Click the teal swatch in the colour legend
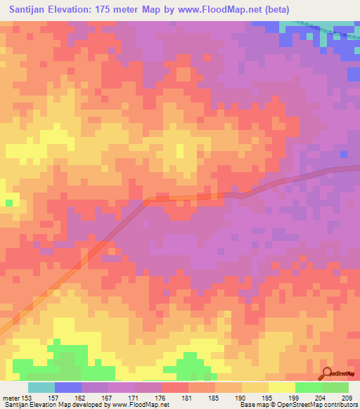click(x=41, y=387)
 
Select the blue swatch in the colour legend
click(x=68, y=387)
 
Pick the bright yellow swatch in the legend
click(x=282, y=387)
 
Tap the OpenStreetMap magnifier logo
click(x=328, y=374)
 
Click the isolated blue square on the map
click(x=343, y=155)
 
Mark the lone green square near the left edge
click(x=9, y=202)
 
